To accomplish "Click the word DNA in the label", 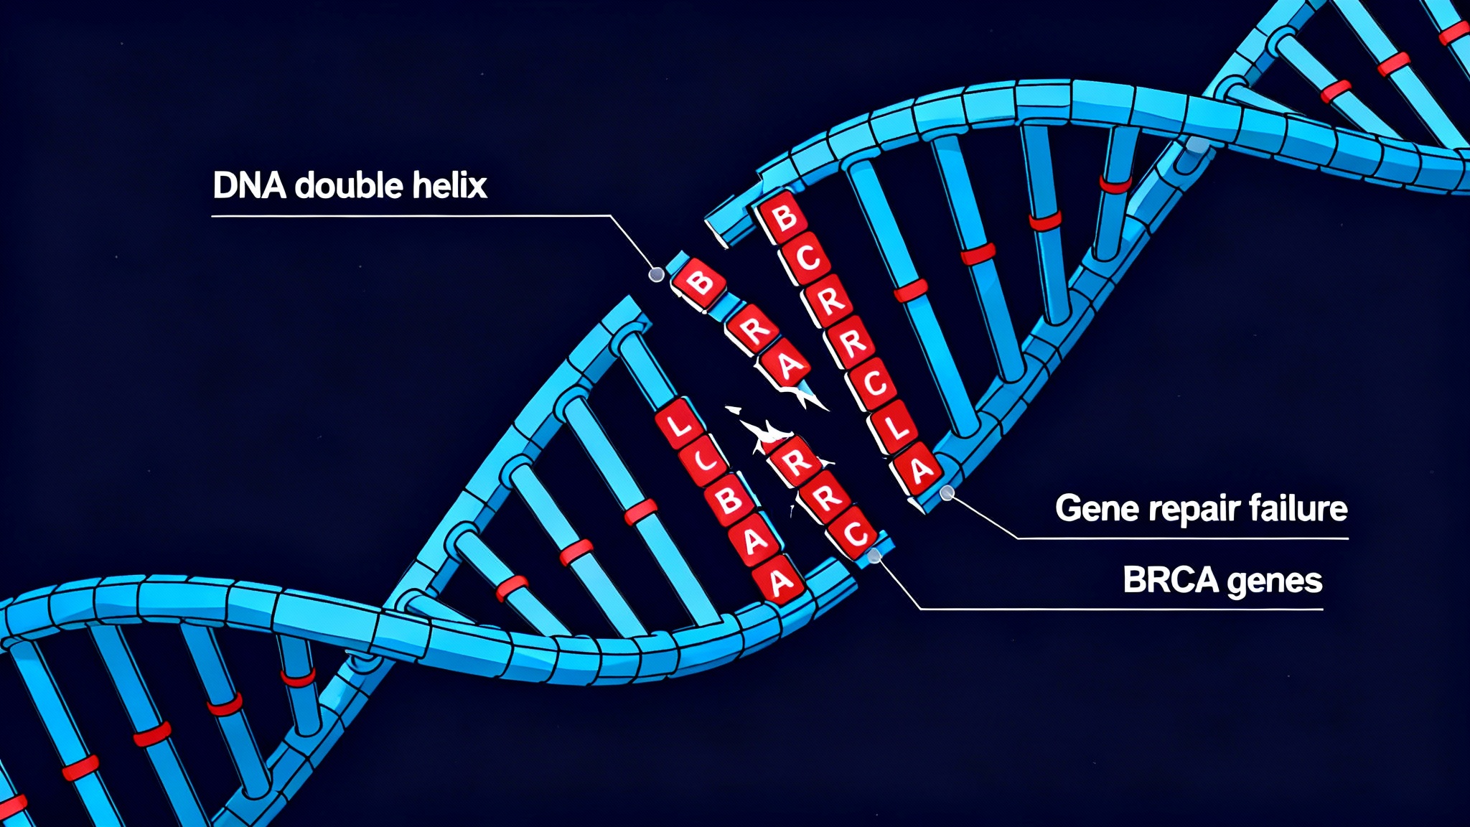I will pyautogui.click(x=249, y=186).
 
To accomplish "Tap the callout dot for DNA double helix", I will pyautogui.click(x=655, y=274).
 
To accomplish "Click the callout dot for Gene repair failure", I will pyautogui.click(x=947, y=492).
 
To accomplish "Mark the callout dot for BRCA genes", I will pyautogui.click(x=874, y=556).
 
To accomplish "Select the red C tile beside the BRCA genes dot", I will pyautogui.click(x=853, y=534).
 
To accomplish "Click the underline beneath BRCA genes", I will pyautogui.click(x=1120, y=609).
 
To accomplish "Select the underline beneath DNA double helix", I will pyautogui.click(x=409, y=215).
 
